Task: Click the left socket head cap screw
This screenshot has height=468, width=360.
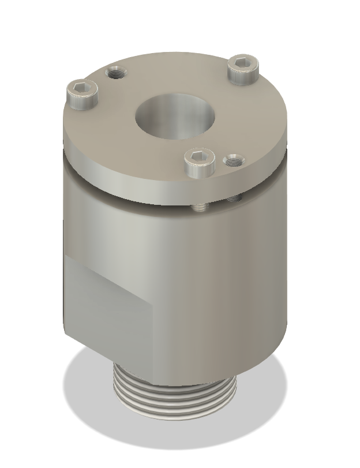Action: click(82, 95)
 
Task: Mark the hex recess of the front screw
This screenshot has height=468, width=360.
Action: click(200, 156)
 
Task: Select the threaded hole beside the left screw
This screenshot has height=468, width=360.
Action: click(117, 73)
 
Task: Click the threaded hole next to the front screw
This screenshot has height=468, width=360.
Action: click(234, 161)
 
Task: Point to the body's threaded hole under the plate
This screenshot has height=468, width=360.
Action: click(234, 199)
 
